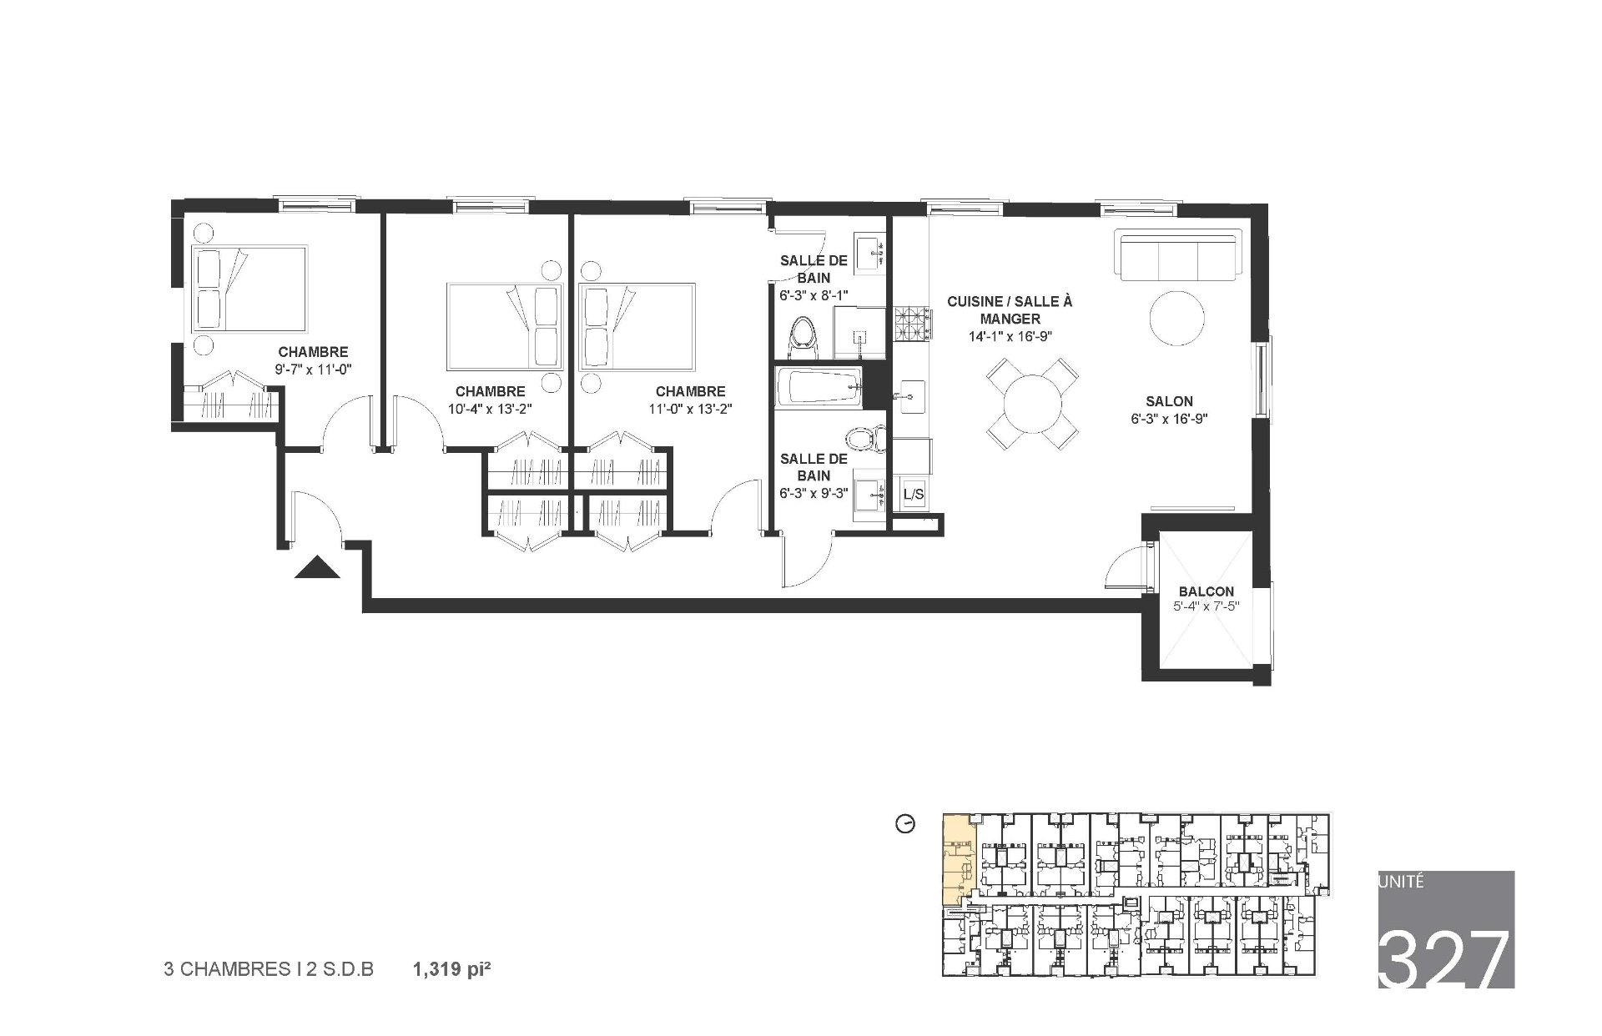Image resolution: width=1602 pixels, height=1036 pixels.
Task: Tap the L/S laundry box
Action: point(914,495)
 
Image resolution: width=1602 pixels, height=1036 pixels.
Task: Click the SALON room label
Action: point(1169,401)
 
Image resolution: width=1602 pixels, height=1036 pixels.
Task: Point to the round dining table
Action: point(1032,405)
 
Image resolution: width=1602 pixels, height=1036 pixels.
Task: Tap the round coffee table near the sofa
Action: point(1176,317)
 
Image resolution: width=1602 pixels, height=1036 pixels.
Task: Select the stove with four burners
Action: point(911,324)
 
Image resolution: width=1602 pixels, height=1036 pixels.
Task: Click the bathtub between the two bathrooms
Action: point(818,387)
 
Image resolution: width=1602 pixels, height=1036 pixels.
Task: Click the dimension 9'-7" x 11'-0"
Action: point(313,369)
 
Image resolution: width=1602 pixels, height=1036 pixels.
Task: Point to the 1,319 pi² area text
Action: point(448,969)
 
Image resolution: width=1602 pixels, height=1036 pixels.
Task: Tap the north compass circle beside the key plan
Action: point(904,824)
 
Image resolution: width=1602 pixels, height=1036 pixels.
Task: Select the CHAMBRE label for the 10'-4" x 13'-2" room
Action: point(490,391)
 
